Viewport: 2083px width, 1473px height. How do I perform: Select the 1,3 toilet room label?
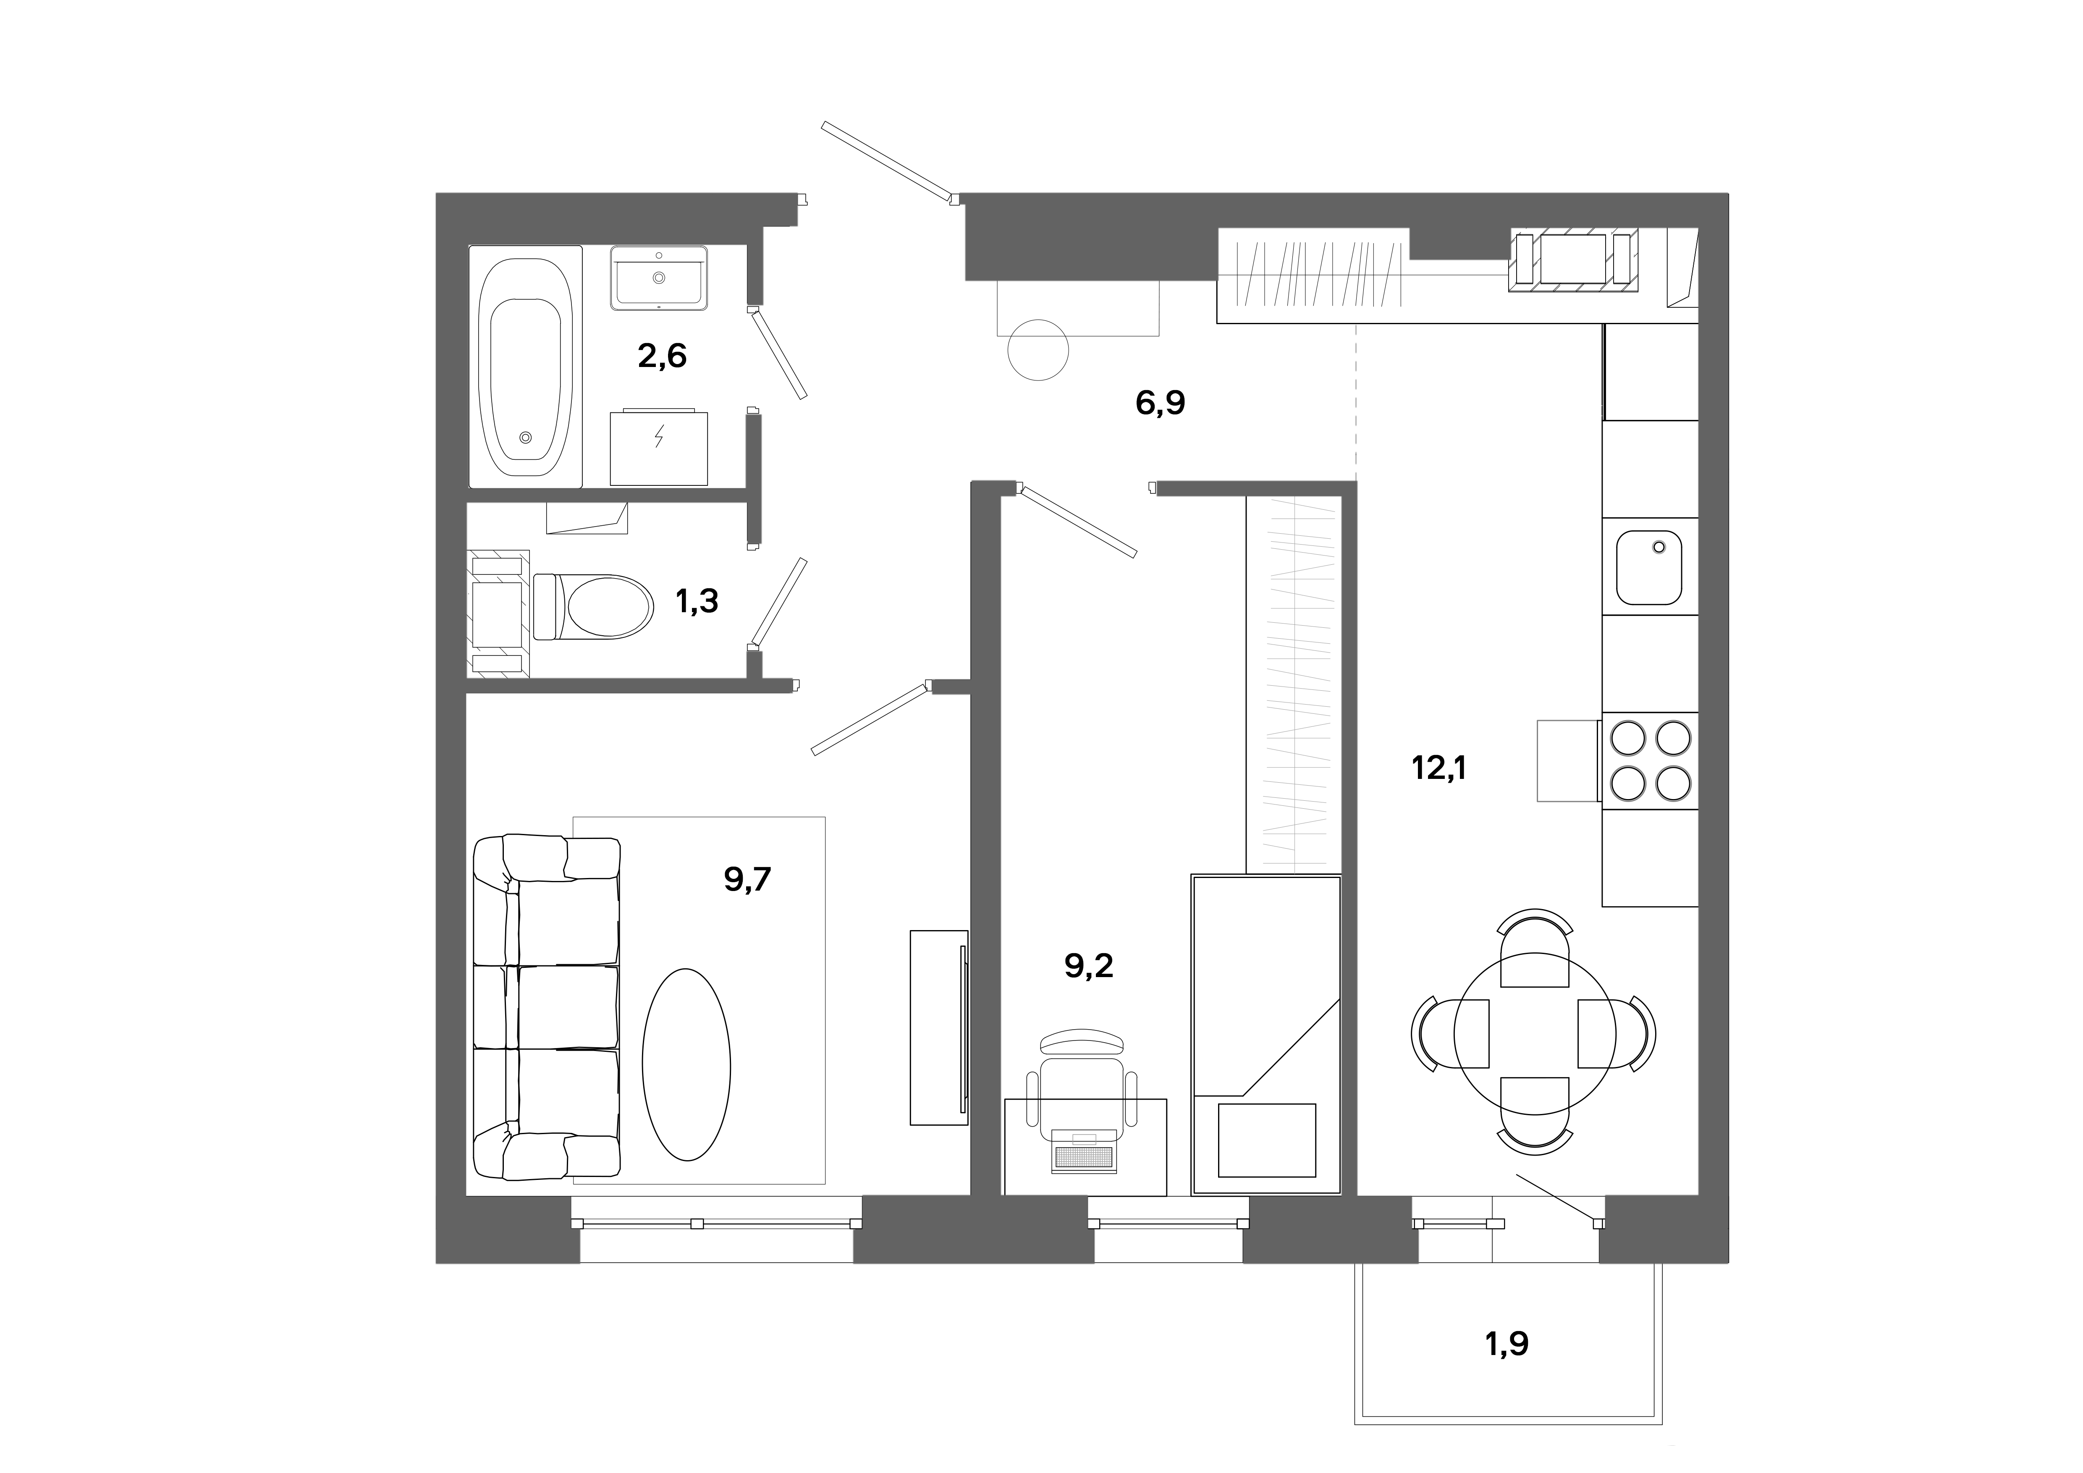coord(697,600)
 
